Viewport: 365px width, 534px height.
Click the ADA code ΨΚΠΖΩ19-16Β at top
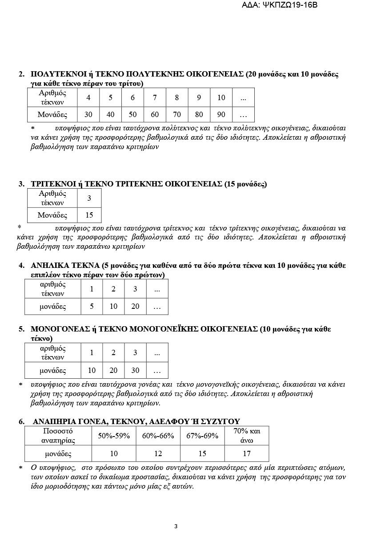point(289,5)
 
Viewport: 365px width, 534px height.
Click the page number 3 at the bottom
point(176,526)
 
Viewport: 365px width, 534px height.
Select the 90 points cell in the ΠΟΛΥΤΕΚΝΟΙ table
point(221,114)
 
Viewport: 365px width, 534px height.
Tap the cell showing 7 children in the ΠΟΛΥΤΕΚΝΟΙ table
point(155,97)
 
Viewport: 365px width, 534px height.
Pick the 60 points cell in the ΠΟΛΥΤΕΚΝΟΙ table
point(155,114)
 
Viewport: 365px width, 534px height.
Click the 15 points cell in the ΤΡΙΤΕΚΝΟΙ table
point(89,215)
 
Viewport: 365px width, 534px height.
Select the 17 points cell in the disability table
point(247,453)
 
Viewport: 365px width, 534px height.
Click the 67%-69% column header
point(202,436)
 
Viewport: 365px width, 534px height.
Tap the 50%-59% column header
point(114,436)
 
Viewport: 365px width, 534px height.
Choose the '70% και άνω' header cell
point(247,436)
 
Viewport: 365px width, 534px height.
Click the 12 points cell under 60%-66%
point(158,453)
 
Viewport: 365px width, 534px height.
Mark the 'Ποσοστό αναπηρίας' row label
point(58,436)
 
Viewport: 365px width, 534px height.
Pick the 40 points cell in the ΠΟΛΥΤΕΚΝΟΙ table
point(111,114)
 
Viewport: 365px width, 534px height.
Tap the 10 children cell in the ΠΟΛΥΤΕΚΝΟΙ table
point(221,97)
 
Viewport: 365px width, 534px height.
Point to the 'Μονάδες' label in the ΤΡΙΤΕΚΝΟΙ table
point(52,215)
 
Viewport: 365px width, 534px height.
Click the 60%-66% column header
point(158,436)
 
